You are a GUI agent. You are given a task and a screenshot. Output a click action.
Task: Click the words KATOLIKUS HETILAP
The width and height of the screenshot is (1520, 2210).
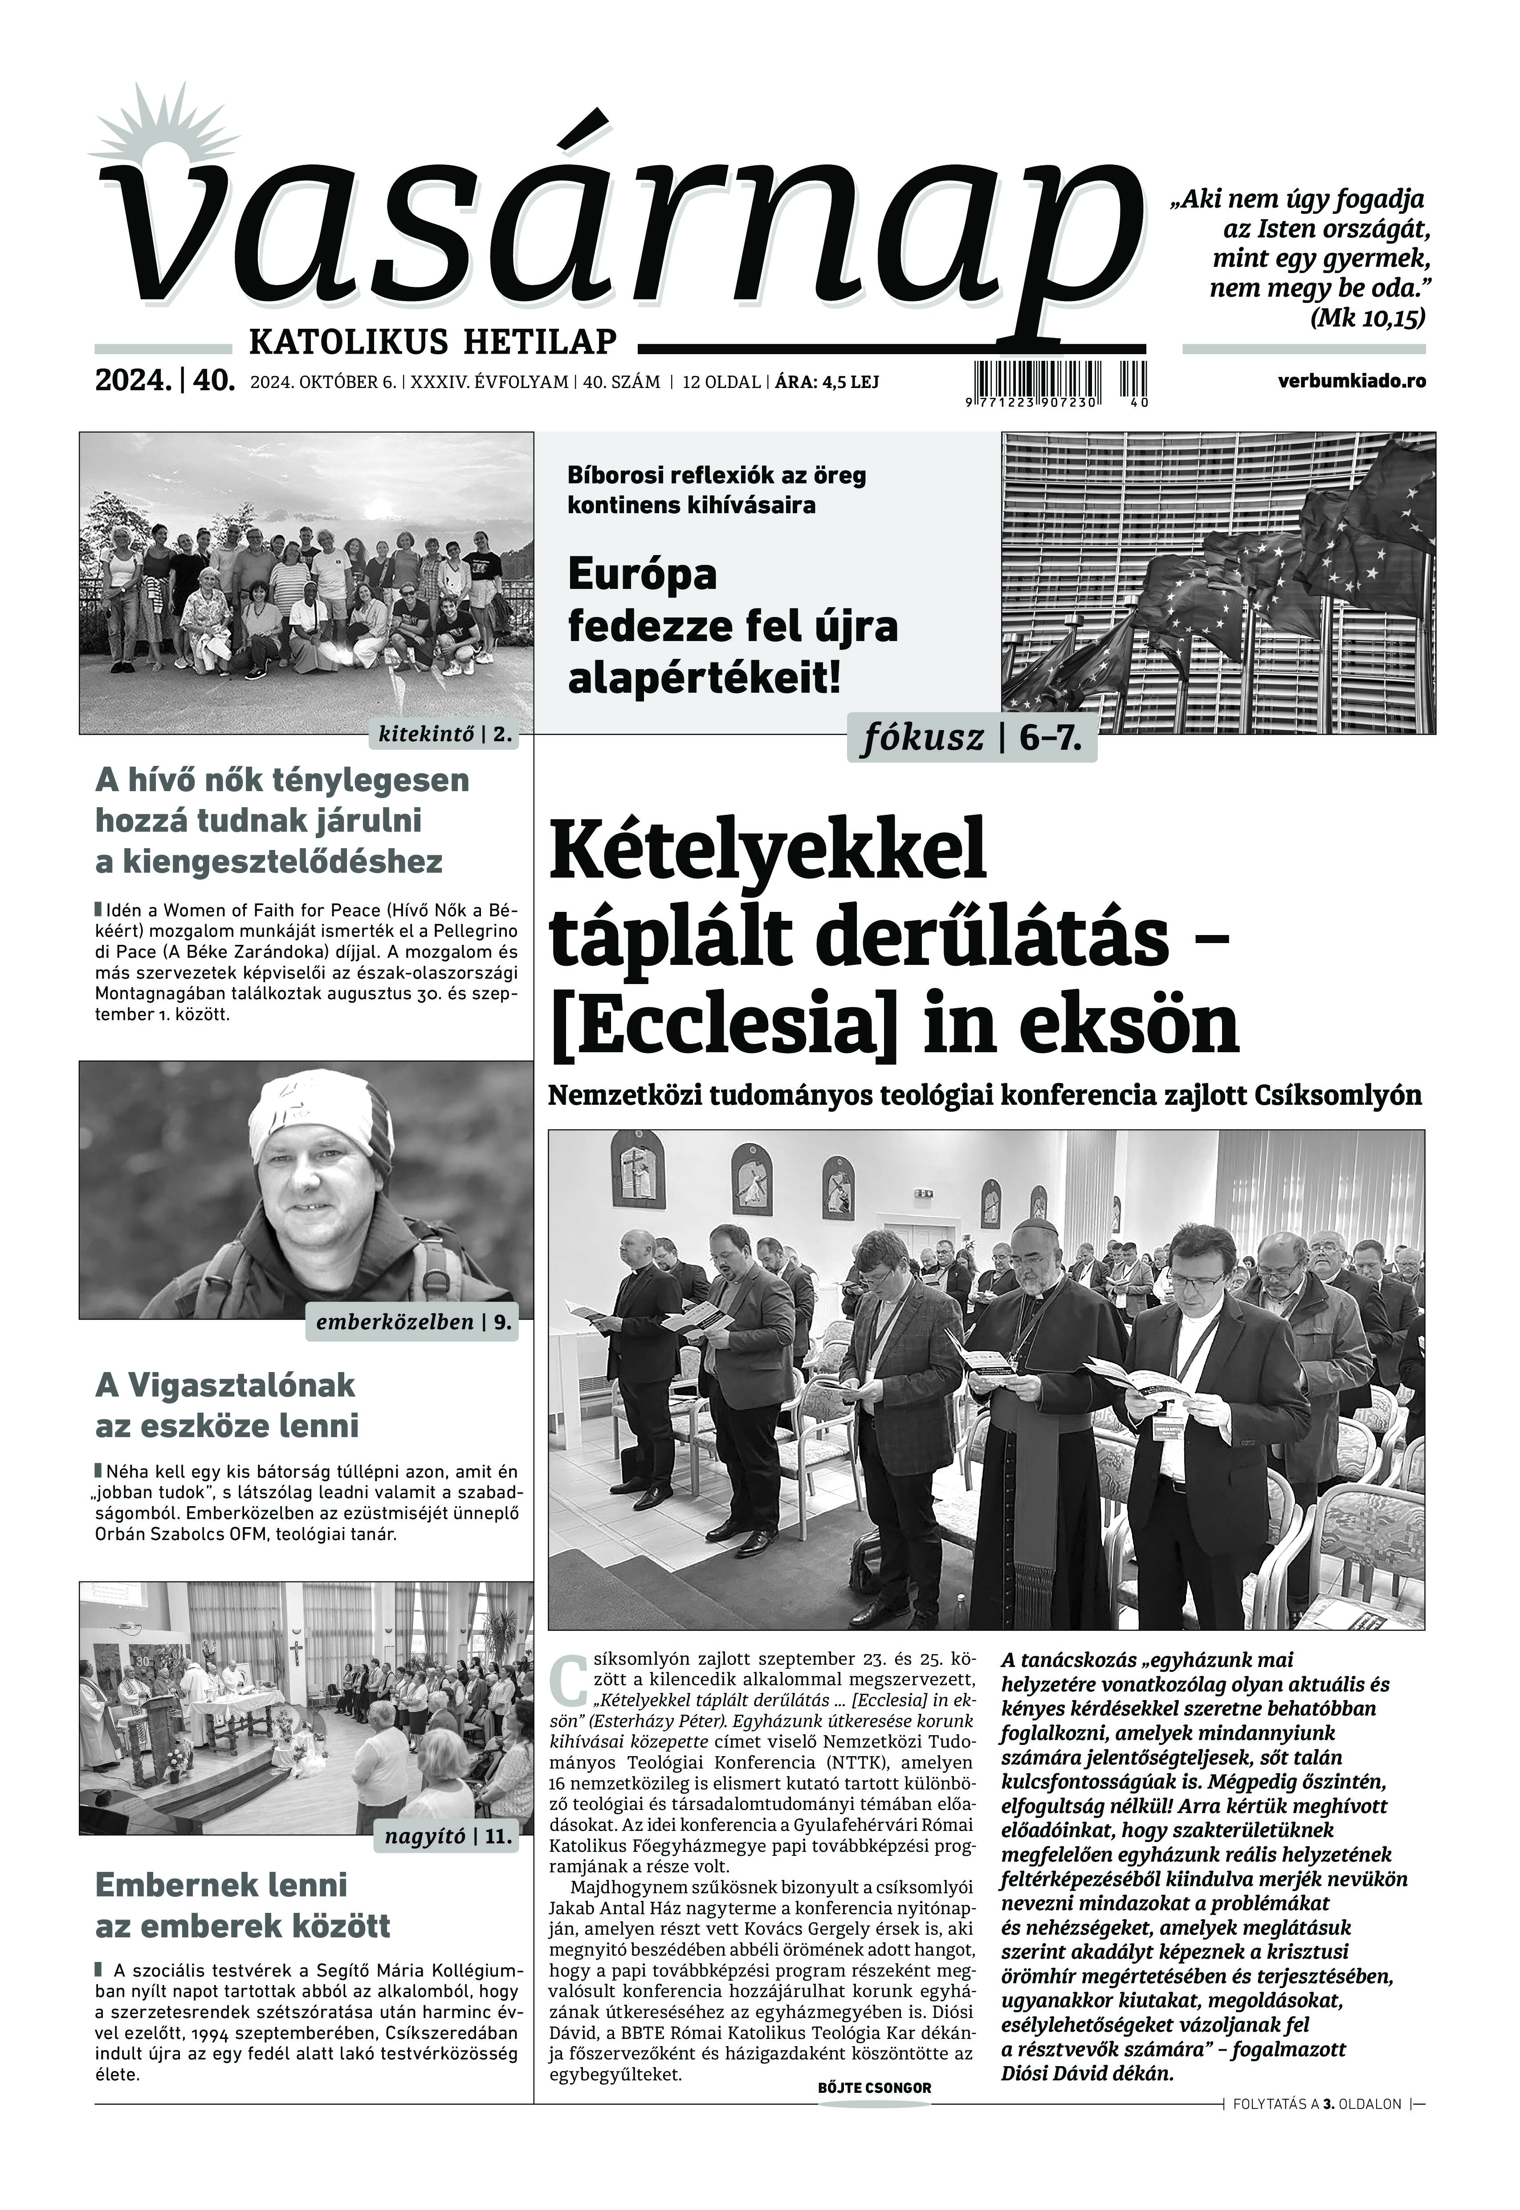432,340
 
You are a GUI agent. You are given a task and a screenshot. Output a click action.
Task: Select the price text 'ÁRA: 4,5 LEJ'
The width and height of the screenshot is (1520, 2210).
827,382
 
